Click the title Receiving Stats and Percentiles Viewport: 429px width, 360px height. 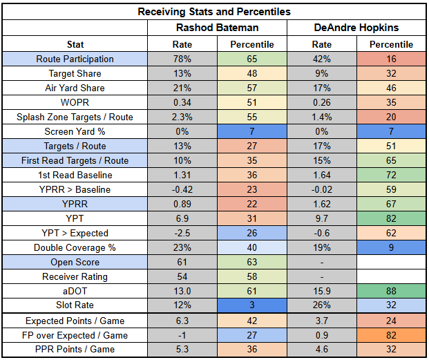(214, 12)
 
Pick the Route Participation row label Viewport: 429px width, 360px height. (75, 59)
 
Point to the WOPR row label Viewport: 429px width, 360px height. (75, 103)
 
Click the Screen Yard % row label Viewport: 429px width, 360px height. (75, 132)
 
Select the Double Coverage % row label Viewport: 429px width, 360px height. (75, 248)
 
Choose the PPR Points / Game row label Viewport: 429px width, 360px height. (75, 350)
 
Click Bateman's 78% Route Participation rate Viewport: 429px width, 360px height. (181, 59)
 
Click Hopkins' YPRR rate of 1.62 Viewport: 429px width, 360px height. (321, 205)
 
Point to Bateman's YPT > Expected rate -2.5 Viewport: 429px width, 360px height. (181, 234)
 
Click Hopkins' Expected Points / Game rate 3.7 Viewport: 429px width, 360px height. (321, 321)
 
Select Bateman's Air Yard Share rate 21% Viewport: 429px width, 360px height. (181, 88)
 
